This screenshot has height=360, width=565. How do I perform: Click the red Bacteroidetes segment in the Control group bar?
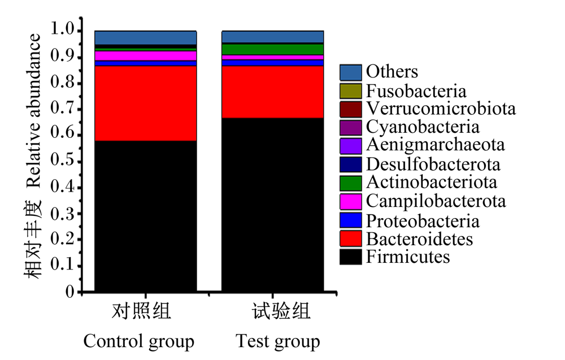coord(146,103)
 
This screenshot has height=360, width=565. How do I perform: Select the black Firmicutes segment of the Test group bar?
coord(272,205)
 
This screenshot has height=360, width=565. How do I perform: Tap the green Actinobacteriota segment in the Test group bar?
coord(272,49)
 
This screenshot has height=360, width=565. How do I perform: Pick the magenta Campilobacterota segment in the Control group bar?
coord(146,56)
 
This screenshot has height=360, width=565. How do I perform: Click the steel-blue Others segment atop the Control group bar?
coord(146,38)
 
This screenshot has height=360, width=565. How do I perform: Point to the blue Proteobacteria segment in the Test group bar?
coord(272,63)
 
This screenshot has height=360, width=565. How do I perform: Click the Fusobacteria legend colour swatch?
coord(351,91)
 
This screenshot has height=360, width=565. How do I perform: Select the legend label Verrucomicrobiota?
coord(441,109)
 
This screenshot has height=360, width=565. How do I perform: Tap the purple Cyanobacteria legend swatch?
coord(351,128)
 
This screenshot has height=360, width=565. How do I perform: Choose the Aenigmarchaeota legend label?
coord(435,145)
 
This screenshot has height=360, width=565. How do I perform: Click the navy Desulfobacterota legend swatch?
coord(351,164)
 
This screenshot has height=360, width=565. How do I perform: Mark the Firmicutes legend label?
coord(408,257)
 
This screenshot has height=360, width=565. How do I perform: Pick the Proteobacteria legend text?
coord(423,221)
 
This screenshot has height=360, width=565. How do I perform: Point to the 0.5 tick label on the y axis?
coord(62,161)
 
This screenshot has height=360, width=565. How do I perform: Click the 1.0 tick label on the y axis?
coord(62,29)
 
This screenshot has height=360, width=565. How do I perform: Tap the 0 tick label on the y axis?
coord(69,292)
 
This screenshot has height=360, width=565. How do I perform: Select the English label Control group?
coord(139,341)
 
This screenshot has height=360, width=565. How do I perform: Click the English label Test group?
coord(278,341)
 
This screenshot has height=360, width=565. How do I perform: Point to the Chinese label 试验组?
coord(281,311)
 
